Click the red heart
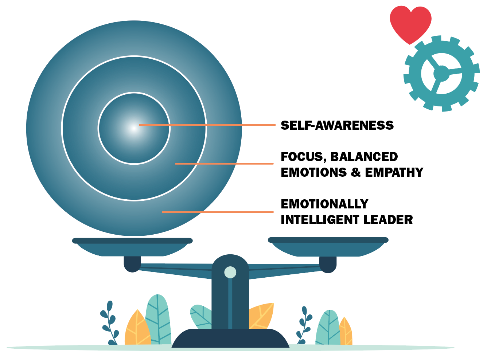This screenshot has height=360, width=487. click(x=410, y=23)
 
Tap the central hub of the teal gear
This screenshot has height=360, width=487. click(x=441, y=74)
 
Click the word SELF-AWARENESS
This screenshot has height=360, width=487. click(x=337, y=125)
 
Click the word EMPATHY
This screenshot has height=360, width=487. click(x=394, y=172)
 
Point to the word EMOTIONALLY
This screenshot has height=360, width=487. click(x=324, y=204)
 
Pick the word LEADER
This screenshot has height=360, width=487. click(x=388, y=219)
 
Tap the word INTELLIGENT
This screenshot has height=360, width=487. click(x=320, y=219)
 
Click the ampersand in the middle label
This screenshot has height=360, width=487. click(x=356, y=172)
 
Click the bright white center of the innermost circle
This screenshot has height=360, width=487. click(x=134, y=128)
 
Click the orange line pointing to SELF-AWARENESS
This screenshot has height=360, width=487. click(x=207, y=125)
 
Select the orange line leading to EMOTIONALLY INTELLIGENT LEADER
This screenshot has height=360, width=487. click(x=218, y=212)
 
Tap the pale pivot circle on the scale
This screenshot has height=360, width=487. click(x=230, y=272)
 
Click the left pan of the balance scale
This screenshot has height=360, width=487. click(x=132, y=247)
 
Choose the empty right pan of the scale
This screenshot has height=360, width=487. click(x=328, y=247)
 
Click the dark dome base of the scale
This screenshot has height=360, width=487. click(x=230, y=338)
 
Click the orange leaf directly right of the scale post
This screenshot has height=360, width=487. click(x=261, y=316)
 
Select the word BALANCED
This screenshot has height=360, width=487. click(x=364, y=157)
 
